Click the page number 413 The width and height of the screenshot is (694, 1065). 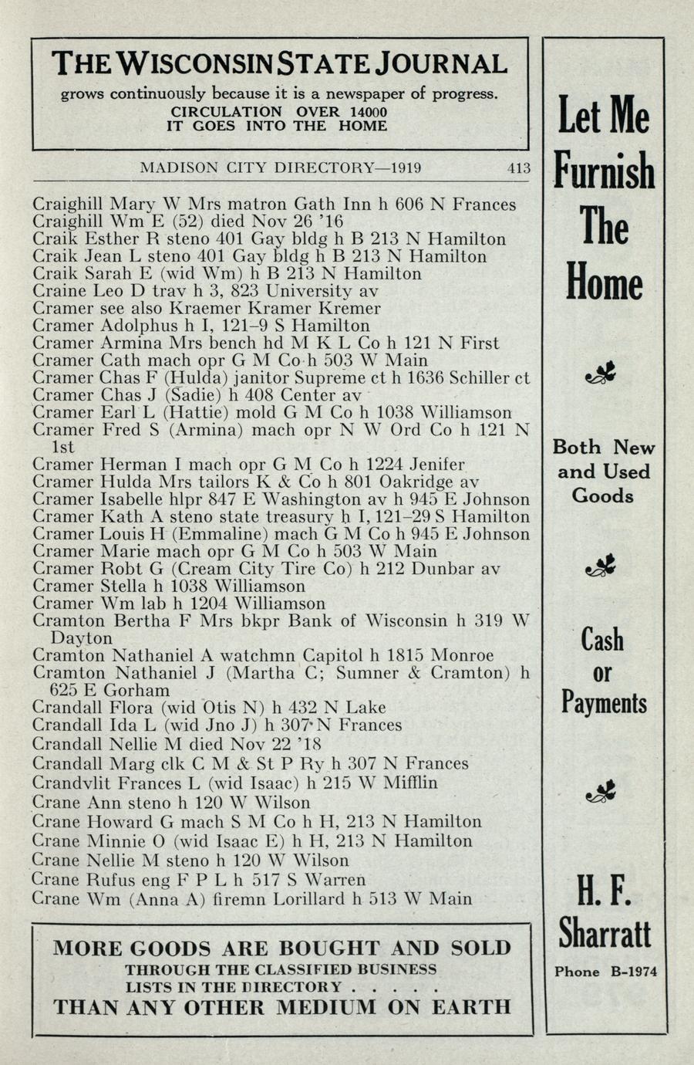pyautogui.click(x=518, y=167)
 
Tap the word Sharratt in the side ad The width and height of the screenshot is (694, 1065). pyautogui.click(x=605, y=935)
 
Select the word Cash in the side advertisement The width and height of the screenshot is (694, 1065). pyautogui.click(x=603, y=640)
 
